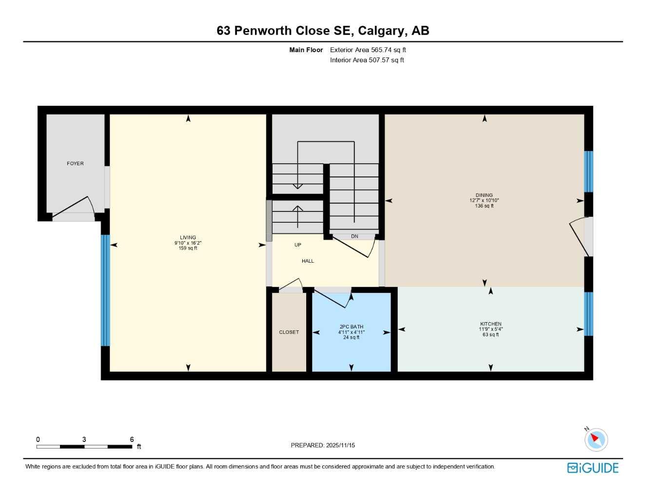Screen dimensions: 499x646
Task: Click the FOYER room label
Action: pyautogui.click(x=75, y=164)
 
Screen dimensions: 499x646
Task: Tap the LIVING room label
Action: pyautogui.click(x=188, y=238)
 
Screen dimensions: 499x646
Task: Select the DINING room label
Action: pyautogui.click(x=484, y=195)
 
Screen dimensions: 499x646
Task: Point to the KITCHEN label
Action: pyautogui.click(x=490, y=324)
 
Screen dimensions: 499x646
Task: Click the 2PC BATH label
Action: pyautogui.click(x=351, y=327)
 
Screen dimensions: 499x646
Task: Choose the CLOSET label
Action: pyautogui.click(x=289, y=332)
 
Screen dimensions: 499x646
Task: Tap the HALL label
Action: pyautogui.click(x=308, y=261)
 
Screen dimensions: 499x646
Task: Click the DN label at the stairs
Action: pyautogui.click(x=354, y=236)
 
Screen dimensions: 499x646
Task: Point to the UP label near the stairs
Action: pyautogui.click(x=297, y=245)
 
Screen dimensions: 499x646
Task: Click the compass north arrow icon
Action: pyautogui.click(x=595, y=440)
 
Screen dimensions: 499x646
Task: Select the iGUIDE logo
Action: pyautogui.click(x=593, y=468)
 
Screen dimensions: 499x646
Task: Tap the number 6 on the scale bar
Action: pyautogui.click(x=132, y=440)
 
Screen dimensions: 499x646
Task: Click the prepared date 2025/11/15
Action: pyautogui.click(x=340, y=445)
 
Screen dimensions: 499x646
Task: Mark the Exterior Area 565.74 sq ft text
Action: pyautogui.click(x=368, y=50)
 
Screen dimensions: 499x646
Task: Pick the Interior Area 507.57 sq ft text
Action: pyautogui.click(x=367, y=60)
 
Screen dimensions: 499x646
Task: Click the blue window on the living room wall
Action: pyautogui.click(x=105, y=290)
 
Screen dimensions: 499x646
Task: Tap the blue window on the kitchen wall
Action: pyautogui.click(x=588, y=314)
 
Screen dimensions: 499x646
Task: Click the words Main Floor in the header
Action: pyautogui.click(x=306, y=50)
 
